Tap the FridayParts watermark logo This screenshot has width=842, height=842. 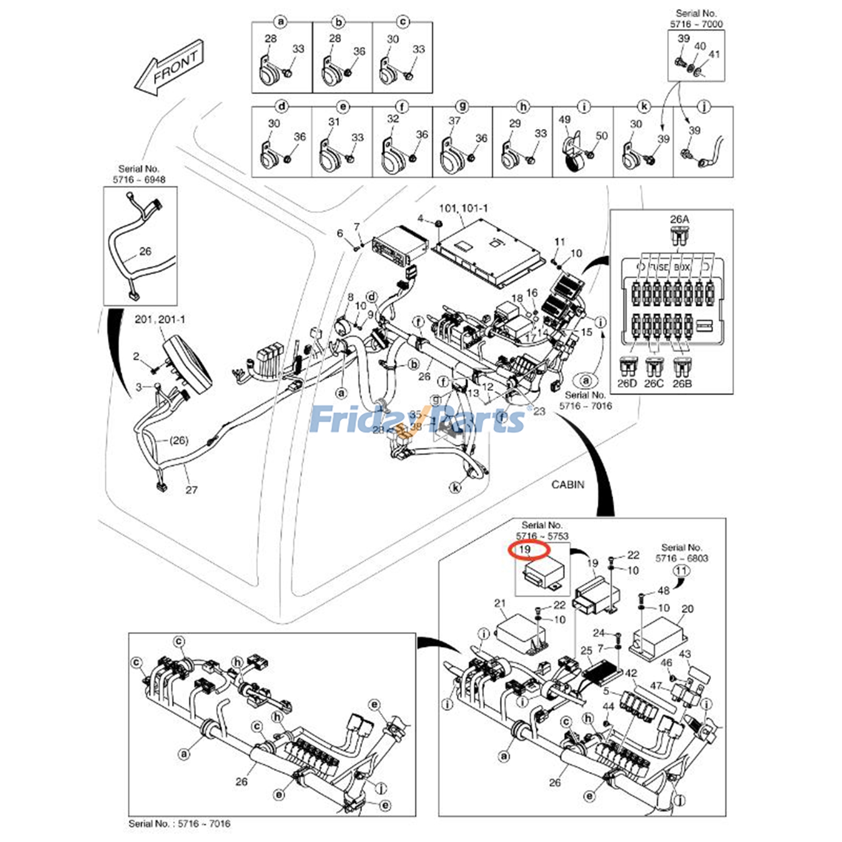pos(417,419)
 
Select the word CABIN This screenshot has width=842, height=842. pos(567,484)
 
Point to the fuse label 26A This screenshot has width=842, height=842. pos(679,219)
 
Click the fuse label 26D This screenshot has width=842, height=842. pos(626,384)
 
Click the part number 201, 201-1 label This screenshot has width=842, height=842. pos(159,319)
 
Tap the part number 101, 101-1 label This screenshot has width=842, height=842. pos(463,208)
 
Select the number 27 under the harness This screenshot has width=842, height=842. pos(191,490)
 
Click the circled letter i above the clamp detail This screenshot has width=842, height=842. pos(583,107)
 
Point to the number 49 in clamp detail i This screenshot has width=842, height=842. pos(564,120)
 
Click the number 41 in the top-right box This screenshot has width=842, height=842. pos(714,54)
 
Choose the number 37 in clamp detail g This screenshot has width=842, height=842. pos(454,121)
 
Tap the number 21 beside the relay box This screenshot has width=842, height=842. pos(500,603)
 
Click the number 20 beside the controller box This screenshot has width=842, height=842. pos(687,609)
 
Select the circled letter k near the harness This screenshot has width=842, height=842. pos(455,487)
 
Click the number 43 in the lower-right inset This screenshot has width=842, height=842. pos(685,654)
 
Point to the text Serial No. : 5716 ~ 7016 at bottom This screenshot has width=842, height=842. pos(179,824)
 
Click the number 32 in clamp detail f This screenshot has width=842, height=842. pos(393,119)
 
